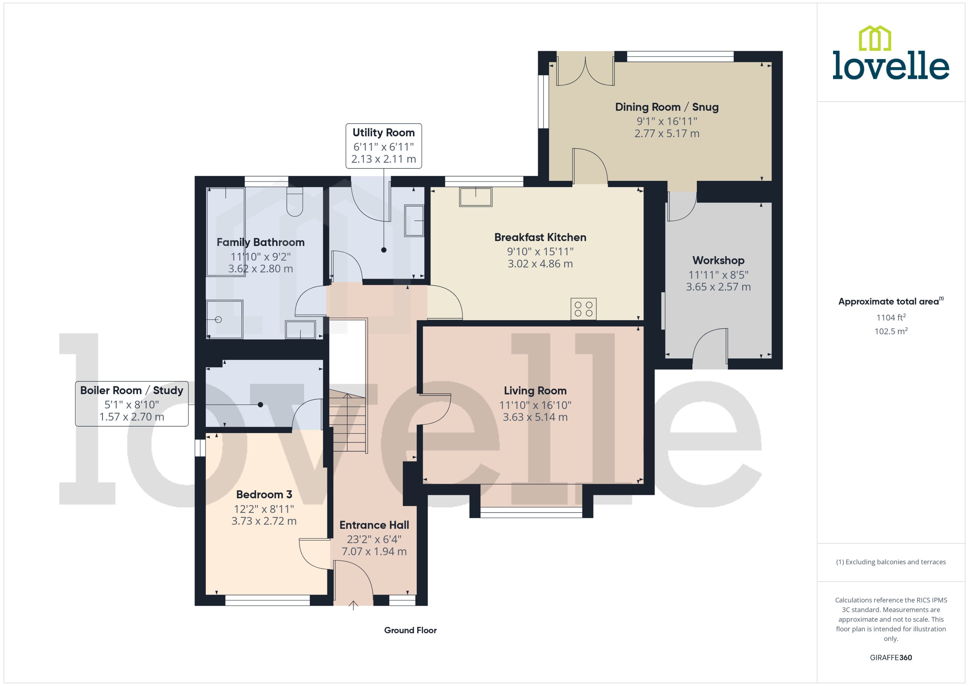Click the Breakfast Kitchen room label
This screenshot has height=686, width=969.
tap(540, 237)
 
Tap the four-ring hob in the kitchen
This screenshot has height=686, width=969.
tap(584, 309)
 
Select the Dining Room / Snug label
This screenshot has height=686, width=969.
tap(667, 107)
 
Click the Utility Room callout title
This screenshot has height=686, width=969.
tap(383, 133)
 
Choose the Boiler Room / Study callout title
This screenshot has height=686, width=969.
tap(132, 390)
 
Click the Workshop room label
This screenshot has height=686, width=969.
tap(718, 261)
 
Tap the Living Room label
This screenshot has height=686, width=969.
tap(535, 391)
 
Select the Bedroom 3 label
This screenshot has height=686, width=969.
tap(264, 495)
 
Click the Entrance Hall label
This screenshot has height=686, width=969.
tap(374, 525)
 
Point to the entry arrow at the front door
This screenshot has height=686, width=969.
tap(353, 605)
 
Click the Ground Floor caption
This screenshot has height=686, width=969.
tap(410, 630)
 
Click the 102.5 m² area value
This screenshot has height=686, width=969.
tap(891, 331)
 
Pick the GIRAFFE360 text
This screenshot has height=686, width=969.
tap(891, 658)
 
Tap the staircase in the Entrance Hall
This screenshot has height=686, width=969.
tap(347, 420)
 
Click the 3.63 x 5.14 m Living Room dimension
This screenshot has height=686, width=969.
tap(535, 417)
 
